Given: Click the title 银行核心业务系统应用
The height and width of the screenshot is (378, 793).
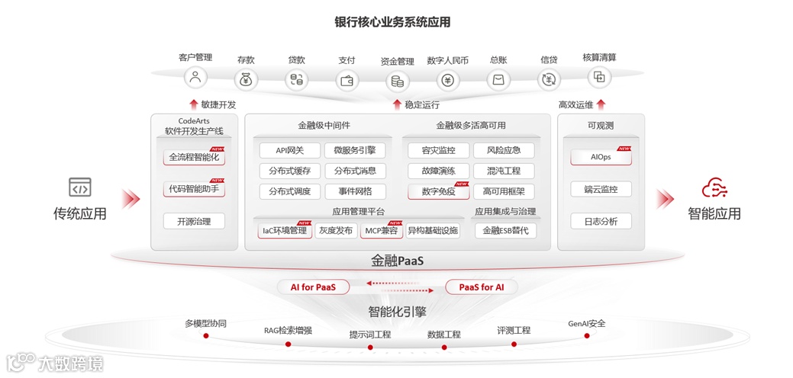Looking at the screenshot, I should click(x=392, y=22).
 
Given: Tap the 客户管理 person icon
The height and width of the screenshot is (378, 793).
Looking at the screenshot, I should click(x=195, y=77).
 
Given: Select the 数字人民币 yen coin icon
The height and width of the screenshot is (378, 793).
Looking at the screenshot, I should click(x=448, y=80).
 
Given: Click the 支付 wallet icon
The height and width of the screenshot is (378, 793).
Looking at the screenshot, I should click(x=347, y=80).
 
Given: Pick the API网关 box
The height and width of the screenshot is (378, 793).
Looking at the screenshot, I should click(x=289, y=150).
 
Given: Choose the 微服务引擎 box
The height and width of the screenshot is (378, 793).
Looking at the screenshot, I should click(x=355, y=150).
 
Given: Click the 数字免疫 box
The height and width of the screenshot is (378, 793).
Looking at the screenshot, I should click(x=438, y=191).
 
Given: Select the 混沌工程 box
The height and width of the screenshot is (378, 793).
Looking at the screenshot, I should click(x=503, y=171).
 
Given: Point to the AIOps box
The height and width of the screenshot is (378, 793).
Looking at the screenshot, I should click(x=601, y=157).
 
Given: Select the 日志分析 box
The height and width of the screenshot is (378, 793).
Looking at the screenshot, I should click(x=601, y=221).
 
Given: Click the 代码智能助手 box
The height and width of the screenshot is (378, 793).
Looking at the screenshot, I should click(x=194, y=189).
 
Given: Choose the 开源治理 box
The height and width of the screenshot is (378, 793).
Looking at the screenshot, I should click(x=194, y=221).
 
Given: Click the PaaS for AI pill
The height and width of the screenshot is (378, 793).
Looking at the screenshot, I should click(x=481, y=287).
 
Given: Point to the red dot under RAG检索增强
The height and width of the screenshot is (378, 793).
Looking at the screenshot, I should click(x=288, y=344).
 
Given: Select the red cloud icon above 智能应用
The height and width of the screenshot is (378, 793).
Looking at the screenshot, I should click(x=714, y=187).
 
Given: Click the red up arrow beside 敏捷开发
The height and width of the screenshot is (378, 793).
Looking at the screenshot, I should click(x=193, y=104).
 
